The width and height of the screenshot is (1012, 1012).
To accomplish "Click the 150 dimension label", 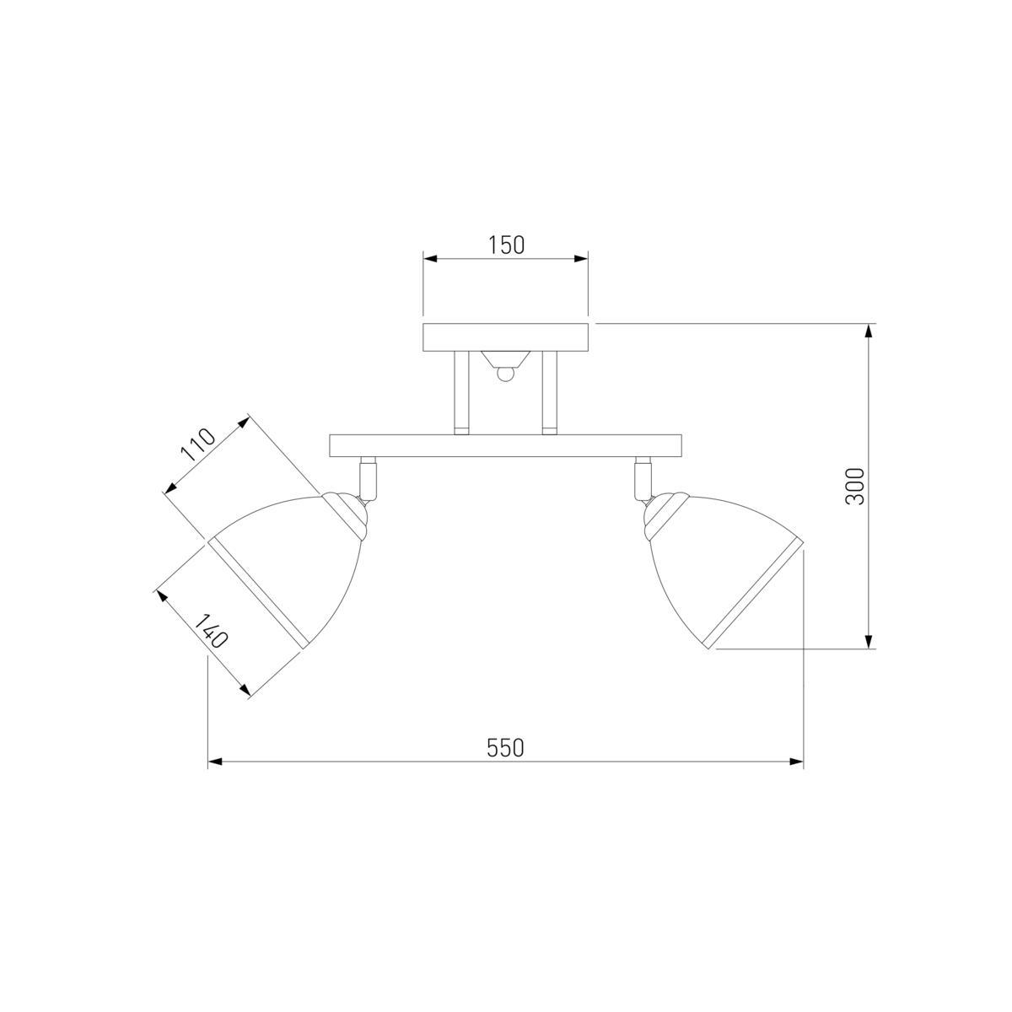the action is point(506,245).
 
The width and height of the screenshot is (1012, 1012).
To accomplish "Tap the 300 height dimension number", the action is point(854,486).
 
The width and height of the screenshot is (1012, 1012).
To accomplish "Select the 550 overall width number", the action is point(505,748).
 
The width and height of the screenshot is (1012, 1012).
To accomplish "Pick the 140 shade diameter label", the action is point(211,632).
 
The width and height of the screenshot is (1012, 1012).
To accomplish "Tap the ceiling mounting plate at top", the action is point(505,337).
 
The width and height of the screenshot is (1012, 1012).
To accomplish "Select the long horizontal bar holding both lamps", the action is point(505,446).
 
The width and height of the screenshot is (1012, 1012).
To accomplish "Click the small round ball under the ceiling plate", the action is point(504,374).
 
